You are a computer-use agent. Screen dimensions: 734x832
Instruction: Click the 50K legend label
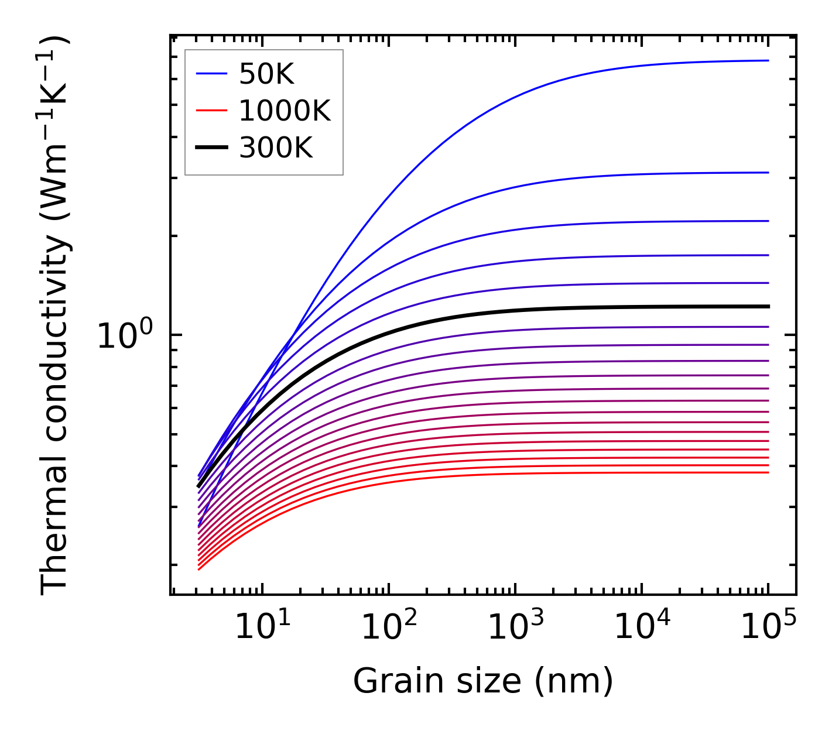pyautogui.click(x=266, y=74)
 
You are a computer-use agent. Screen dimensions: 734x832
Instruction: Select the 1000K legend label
pyautogui.click(x=285, y=111)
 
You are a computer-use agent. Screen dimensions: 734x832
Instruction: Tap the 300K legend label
pyautogui.click(x=276, y=148)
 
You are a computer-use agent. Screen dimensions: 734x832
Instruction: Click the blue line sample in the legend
pyautogui.click(x=211, y=74)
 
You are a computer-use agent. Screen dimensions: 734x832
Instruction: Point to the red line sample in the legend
pyautogui.click(x=211, y=110)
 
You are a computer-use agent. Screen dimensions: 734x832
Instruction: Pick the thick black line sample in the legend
pyautogui.click(x=211, y=148)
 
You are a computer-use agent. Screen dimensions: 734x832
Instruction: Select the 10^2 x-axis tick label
pyautogui.click(x=389, y=628)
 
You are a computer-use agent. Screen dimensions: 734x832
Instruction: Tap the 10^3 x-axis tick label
pyautogui.click(x=515, y=628)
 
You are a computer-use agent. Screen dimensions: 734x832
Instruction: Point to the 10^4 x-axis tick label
pyautogui.click(x=642, y=628)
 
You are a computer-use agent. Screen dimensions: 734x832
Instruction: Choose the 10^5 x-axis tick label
pyautogui.click(x=768, y=628)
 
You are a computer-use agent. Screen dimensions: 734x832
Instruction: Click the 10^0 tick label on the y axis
pyautogui.click(x=124, y=336)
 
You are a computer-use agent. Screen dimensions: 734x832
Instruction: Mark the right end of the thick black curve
pyautogui.click(x=768, y=306)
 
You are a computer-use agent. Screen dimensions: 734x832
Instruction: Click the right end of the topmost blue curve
pyautogui.click(x=768, y=60)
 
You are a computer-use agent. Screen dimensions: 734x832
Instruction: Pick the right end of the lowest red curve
pyautogui.click(x=768, y=472)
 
